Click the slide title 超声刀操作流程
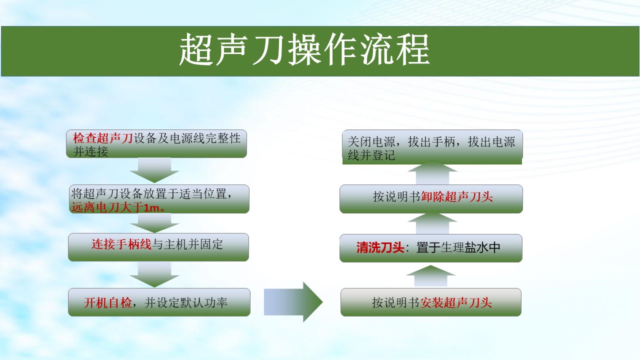pos(304,49)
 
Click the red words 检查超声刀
pos(103,138)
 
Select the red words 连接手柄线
pos(121,244)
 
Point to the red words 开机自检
pos(107,303)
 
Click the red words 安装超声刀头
pos(455,303)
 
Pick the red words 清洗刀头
pos(380,247)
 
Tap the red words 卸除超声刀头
pos(457,197)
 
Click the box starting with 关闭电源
pos(432,147)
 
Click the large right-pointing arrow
pos(293,302)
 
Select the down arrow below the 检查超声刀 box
pos(154,170)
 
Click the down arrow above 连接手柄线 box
pos(154,223)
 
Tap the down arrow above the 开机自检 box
pos(154,275)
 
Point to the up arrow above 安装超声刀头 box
pos(430,275)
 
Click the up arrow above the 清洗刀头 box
pos(432,223)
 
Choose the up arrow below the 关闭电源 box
pos(432,172)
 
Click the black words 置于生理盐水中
pos(458,247)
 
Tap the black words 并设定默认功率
pos(186,303)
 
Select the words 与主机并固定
pos(187,244)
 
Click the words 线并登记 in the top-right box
pos(371,155)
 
